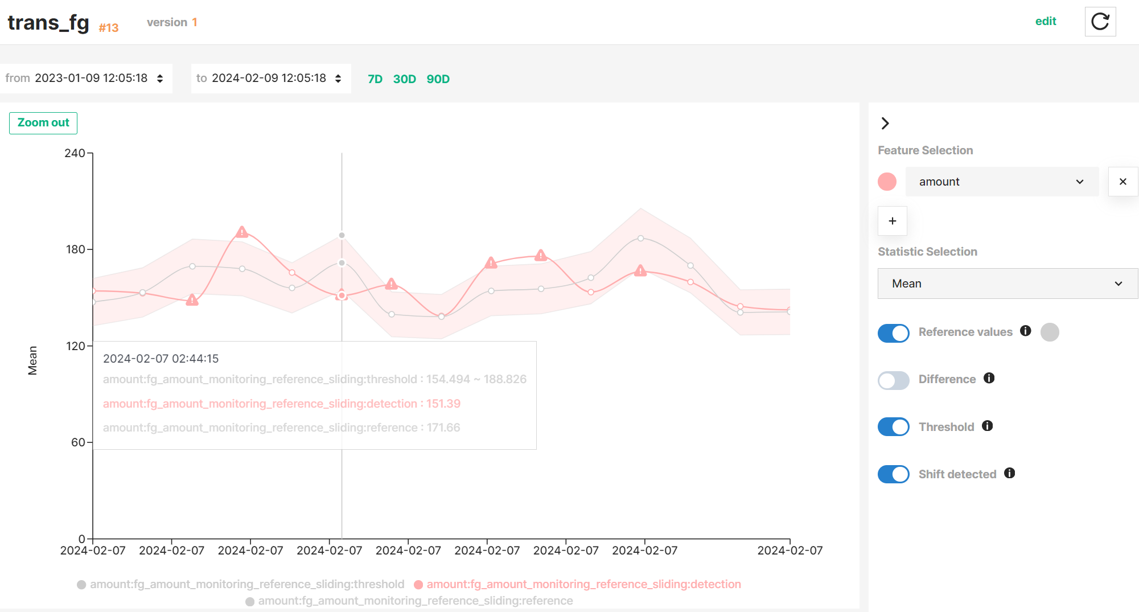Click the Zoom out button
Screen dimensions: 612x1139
(43, 123)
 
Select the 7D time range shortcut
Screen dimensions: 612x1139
(375, 79)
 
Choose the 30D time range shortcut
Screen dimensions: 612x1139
(404, 79)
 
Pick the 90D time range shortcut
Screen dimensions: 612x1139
(438, 79)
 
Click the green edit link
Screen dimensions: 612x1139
(1045, 22)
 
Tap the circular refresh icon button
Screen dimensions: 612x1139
(1100, 22)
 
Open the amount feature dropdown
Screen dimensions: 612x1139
(1001, 182)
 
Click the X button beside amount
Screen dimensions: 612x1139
(1122, 182)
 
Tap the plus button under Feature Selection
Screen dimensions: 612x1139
(892, 221)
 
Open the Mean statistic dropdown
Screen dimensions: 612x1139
(1007, 284)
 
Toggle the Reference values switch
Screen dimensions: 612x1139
(893, 333)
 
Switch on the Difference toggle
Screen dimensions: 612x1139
(893, 380)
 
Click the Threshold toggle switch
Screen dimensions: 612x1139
(893, 427)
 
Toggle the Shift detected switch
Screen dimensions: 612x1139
(893, 474)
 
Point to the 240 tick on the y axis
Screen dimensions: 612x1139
(75, 153)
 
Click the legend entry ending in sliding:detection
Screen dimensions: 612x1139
(583, 584)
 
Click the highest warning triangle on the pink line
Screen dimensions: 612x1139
(242, 232)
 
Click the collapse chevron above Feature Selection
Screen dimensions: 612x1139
(885, 124)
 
